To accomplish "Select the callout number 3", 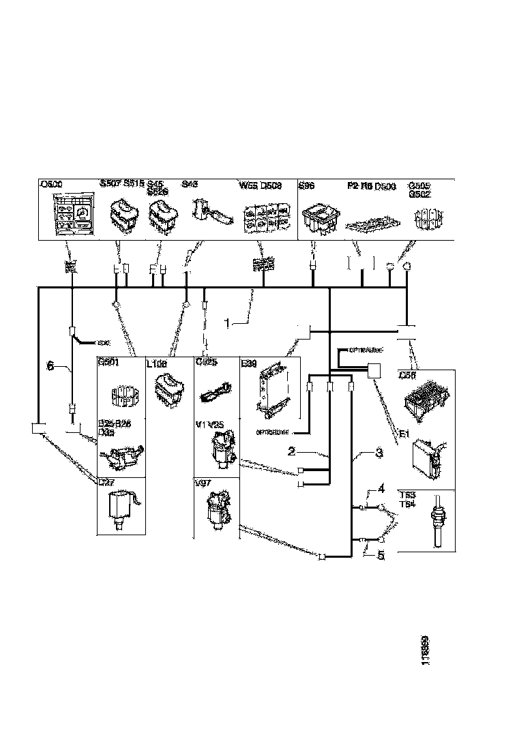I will pyautogui.click(x=379, y=452).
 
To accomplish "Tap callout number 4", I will pyautogui.click(x=381, y=488).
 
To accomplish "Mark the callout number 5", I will pyautogui.click(x=381, y=556).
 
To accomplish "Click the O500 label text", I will pyautogui.click(x=52, y=185).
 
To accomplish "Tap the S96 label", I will pyautogui.click(x=308, y=184).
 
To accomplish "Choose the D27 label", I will pyautogui.click(x=107, y=483).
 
